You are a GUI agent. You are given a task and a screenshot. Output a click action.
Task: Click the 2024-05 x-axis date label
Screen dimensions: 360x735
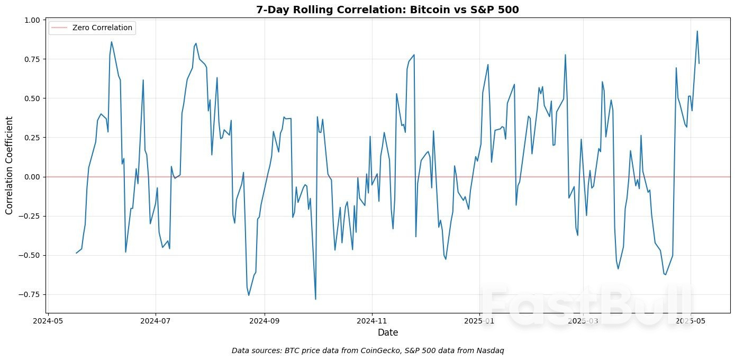point(48,321)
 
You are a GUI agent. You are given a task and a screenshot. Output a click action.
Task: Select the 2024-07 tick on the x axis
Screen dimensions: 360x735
point(156,321)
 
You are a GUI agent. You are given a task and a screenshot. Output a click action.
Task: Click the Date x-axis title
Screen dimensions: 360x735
point(387,332)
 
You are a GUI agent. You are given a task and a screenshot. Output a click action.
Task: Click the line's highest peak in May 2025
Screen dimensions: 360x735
point(697,31)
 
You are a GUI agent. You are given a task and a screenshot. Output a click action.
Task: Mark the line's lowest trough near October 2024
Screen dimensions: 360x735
point(315,299)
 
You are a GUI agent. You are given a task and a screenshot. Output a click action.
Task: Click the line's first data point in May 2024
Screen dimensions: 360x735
point(76,253)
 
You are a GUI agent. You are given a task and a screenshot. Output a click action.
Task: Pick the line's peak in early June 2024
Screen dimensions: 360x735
point(111,42)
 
